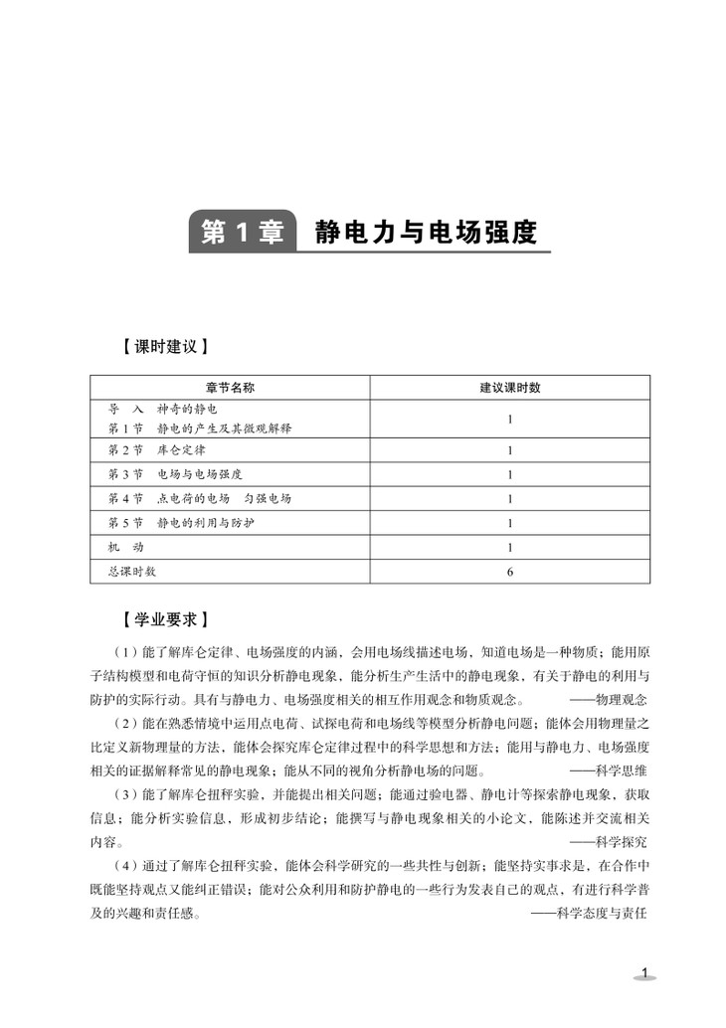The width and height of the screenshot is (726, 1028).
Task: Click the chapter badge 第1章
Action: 242,233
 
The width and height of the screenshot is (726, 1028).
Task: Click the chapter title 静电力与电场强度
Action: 425,233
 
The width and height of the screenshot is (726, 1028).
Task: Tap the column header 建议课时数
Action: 509,388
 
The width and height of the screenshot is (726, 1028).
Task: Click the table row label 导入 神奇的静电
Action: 162,409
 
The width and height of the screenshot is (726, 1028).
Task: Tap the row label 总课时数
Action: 131,572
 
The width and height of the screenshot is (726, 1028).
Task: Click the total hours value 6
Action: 509,572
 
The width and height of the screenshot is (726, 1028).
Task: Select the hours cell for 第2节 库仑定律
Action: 509,450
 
